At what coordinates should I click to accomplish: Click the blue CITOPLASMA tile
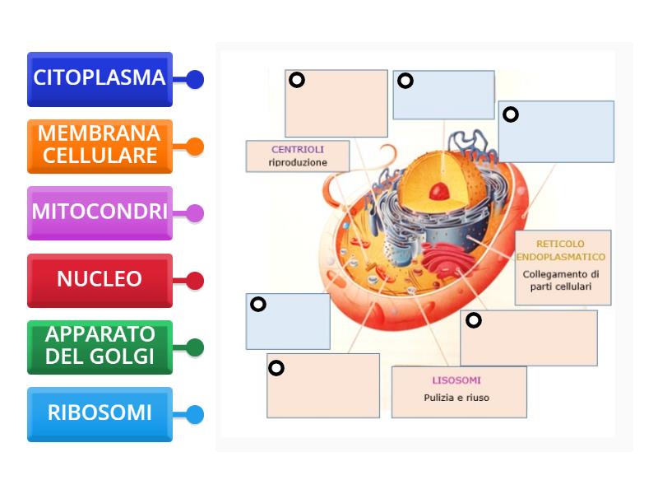99,79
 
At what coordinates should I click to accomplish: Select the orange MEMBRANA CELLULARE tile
99,146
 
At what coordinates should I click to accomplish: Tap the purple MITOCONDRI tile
99,212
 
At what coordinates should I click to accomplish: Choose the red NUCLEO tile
99,280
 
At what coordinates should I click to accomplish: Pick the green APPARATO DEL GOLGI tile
99,346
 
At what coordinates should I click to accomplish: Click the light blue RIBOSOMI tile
99,413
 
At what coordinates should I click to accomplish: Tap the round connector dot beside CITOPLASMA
195,80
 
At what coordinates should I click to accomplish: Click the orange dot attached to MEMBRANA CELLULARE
195,147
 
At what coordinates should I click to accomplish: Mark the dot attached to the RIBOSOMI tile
195,414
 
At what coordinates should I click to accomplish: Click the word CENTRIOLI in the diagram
298,150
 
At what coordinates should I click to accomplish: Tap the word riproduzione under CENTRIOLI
298,163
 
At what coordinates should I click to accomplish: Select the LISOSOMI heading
456,380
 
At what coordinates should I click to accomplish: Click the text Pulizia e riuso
456,398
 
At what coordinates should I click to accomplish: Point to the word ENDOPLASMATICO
561,257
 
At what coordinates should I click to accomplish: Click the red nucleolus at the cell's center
440,191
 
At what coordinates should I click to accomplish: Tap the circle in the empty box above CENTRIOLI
297,80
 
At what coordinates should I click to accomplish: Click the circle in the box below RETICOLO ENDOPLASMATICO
473,319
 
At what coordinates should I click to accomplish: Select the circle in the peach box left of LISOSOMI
276,368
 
